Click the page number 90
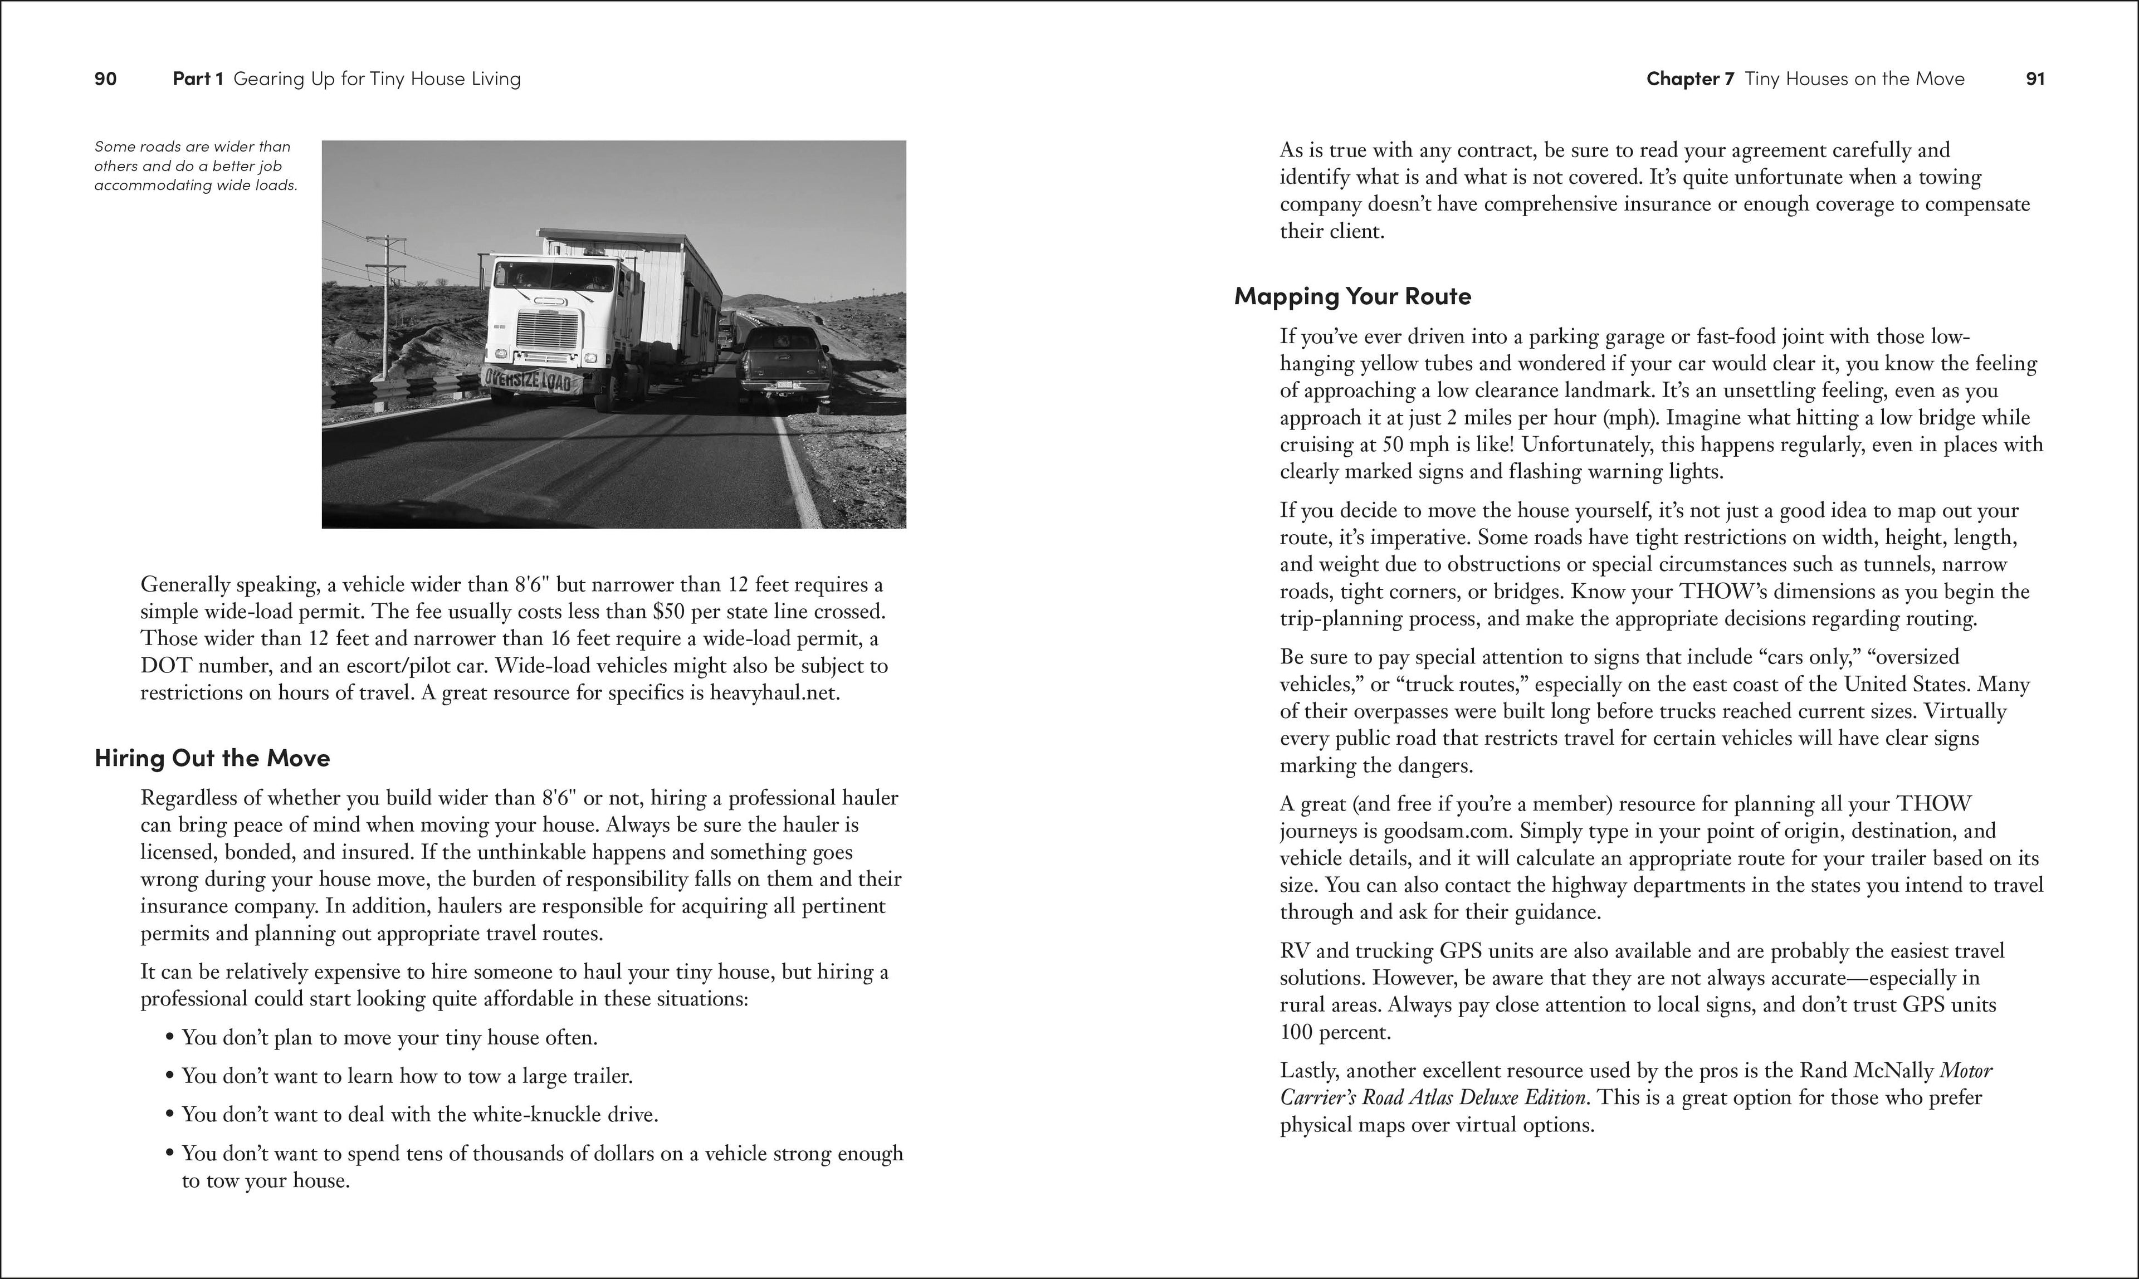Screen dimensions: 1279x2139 point(105,79)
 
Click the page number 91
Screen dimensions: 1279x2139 point(2035,79)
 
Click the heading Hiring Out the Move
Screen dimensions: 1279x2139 point(212,759)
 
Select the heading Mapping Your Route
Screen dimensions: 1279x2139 point(1352,296)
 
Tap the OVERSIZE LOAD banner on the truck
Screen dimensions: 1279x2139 point(528,379)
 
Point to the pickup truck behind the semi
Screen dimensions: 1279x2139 point(784,362)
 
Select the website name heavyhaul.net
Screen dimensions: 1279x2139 point(773,694)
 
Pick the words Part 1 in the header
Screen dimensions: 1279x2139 point(198,79)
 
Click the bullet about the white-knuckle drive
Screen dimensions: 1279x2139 point(419,1115)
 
